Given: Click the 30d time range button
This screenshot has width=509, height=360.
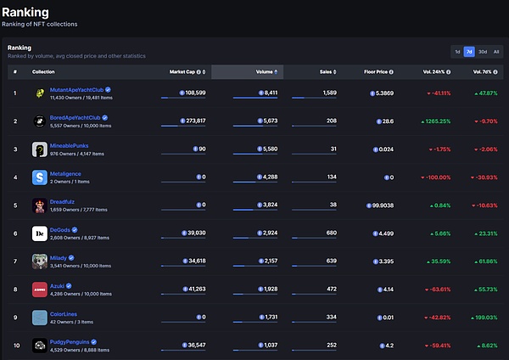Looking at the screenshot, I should tap(483, 52).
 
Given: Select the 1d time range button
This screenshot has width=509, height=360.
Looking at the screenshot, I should tap(457, 52).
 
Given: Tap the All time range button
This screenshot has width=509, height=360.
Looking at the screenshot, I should tap(496, 52).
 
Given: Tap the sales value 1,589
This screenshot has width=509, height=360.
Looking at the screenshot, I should tap(329, 93).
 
